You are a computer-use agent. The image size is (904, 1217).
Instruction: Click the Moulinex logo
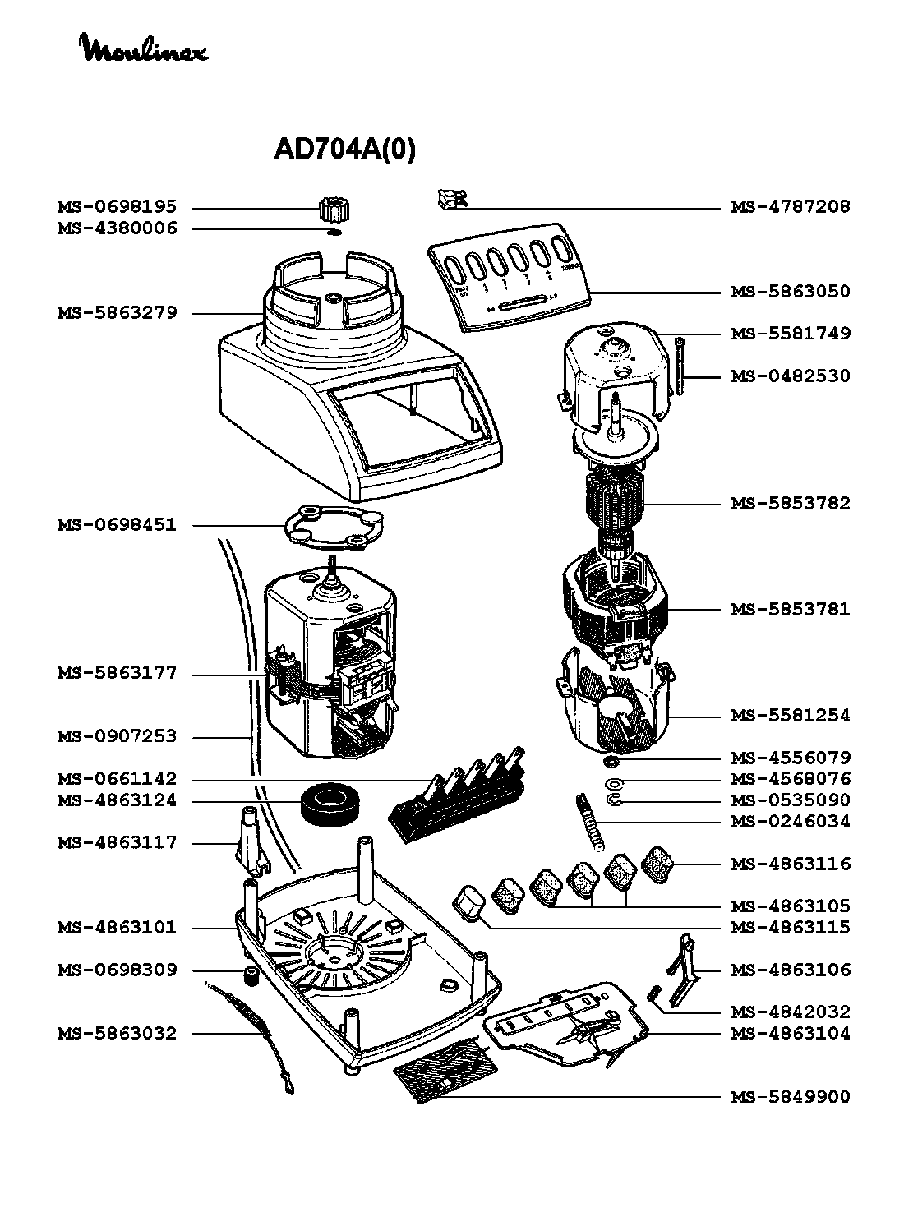(x=144, y=48)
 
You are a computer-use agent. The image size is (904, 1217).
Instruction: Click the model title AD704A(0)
(x=344, y=149)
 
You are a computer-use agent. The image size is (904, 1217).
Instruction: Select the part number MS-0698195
(x=117, y=207)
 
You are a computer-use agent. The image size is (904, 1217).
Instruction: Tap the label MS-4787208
(x=791, y=207)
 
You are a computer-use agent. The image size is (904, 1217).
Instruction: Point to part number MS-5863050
(x=791, y=292)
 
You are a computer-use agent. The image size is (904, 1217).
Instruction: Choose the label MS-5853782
(x=791, y=504)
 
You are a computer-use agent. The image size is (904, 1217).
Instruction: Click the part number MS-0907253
(x=117, y=737)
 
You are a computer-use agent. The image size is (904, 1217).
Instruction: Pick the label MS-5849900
(x=791, y=1097)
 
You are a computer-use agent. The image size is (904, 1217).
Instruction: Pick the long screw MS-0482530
(x=680, y=367)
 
